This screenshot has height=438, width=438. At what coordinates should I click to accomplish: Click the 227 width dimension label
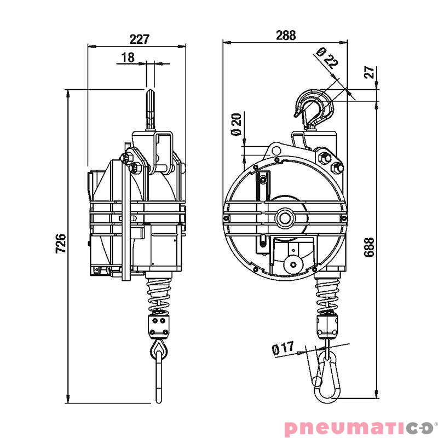139,39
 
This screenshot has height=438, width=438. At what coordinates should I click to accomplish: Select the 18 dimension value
128,57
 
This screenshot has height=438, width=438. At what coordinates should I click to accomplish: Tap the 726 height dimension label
61,243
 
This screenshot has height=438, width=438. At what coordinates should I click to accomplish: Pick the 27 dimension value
369,72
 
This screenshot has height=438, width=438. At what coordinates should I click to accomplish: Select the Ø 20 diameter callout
236,124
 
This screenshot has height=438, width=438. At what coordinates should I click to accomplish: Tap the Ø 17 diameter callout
283,348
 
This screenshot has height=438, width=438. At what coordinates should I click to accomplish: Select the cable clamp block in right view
327,325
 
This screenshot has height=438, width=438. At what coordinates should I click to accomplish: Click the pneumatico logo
358,427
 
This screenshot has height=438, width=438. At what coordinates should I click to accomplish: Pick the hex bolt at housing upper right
335,168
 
